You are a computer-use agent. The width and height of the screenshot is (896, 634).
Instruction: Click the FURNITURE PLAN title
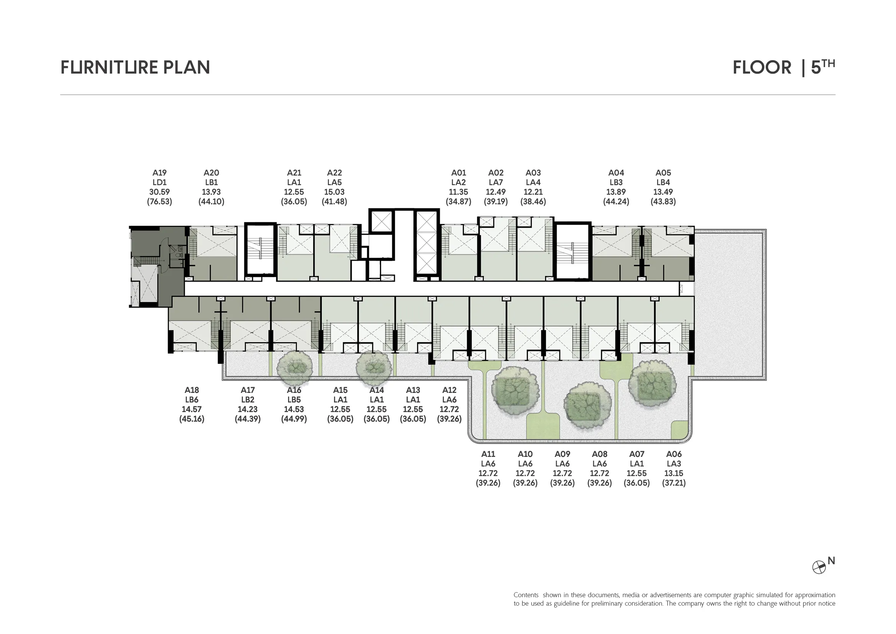(135, 67)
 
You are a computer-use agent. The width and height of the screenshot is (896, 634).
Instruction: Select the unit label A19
(160, 172)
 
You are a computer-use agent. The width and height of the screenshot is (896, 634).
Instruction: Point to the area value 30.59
(160, 192)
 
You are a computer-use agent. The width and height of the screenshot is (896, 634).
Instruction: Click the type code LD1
(160, 182)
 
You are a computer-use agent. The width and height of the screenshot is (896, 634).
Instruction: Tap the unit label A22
(334, 172)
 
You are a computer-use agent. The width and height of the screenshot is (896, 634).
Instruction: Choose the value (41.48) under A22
(334, 202)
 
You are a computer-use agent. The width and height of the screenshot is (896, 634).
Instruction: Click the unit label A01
(459, 172)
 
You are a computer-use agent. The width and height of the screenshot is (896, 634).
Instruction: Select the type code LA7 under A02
(496, 182)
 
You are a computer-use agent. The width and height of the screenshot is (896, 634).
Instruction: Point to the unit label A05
(663, 172)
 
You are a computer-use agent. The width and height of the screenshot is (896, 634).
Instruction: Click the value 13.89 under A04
(616, 192)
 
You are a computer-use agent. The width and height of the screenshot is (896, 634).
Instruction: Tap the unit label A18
(192, 390)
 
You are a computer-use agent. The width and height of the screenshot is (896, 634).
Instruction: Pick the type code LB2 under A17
(248, 399)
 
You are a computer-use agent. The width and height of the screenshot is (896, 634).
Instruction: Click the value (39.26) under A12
(450, 419)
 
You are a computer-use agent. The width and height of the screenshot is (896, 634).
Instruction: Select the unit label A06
(674, 454)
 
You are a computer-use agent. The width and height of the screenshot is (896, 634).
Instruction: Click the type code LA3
(674, 463)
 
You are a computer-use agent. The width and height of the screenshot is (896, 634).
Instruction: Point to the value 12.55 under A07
(637, 473)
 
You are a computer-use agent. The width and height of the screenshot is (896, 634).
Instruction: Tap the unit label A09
(562, 454)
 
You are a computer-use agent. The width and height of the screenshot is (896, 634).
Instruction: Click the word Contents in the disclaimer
(526, 595)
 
